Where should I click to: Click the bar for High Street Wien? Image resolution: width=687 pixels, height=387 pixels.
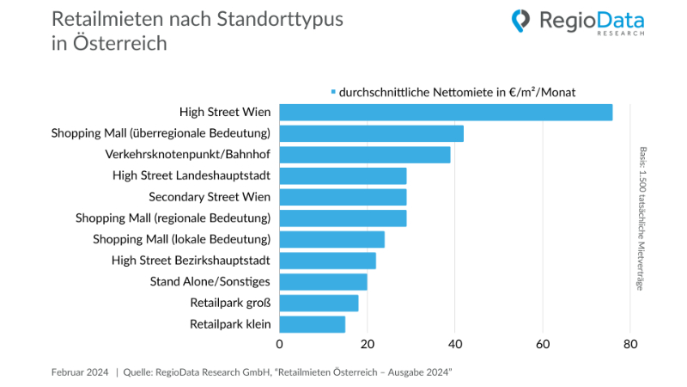point(446,113)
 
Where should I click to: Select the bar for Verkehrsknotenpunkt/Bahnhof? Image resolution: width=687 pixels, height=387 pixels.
point(365,155)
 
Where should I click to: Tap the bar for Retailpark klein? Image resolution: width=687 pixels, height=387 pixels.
point(313,324)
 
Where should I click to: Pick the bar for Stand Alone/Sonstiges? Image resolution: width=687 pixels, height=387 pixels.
point(324,282)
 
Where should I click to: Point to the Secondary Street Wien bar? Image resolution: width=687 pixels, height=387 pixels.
point(343,197)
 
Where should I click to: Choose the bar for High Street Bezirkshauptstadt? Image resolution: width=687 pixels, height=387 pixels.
point(328,261)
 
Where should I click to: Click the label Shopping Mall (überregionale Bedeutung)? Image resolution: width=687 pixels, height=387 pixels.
point(161,133)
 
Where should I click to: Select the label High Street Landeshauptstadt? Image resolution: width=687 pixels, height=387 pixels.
point(192,175)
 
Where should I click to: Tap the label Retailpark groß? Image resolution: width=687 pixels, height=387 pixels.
point(230,303)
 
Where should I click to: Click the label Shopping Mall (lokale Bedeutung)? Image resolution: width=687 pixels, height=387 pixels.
point(182,239)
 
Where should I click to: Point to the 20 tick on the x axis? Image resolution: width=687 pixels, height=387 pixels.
point(368,344)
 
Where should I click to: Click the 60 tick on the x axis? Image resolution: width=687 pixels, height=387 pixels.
point(543,344)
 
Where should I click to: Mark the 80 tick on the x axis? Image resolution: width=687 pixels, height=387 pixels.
point(630,344)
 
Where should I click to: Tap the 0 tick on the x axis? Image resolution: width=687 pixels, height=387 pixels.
point(280,344)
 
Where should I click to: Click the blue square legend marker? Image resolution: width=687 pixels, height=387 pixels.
point(333,91)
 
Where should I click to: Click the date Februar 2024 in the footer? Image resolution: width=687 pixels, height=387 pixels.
point(80,372)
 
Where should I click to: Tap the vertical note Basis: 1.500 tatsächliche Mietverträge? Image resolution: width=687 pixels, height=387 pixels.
point(641,219)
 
